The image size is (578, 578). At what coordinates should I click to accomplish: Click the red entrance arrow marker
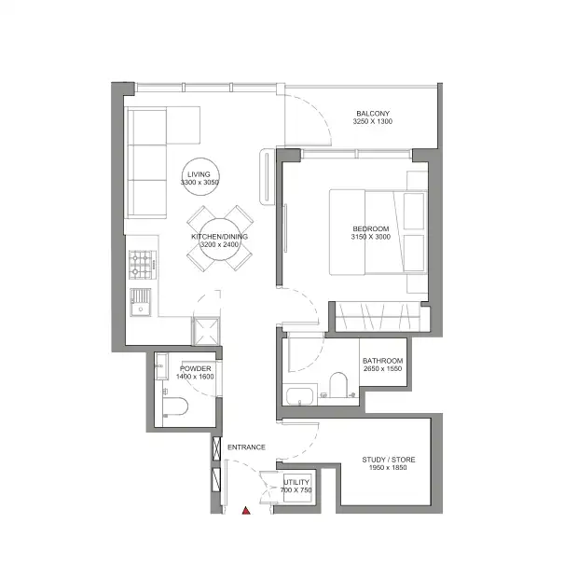pyautogui.click(x=245, y=510)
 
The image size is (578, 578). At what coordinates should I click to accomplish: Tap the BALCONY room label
pyautogui.click(x=372, y=113)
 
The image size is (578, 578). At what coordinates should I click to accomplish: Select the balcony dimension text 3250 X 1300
pyautogui.click(x=372, y=122)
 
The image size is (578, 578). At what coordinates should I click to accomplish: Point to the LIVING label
pyautogui.click(x=199, y=174)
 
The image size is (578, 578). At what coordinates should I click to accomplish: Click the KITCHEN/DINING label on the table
pyautogui.click(x=220, y=238)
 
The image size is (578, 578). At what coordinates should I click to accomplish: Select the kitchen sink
pyautogui.click(x=142, y=302)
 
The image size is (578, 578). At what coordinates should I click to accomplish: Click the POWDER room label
pyautogui.click(x=196, y=369)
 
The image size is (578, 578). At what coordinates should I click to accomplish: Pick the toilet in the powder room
pyautogui.click(x=173, y=406)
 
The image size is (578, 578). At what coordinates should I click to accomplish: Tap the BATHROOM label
pyautogui.click(x=382, y=361)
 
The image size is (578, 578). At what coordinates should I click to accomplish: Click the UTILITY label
pyautogui.click(x=296, y=482)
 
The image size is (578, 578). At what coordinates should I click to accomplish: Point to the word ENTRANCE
pyautogui.click(x=245, y=447)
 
